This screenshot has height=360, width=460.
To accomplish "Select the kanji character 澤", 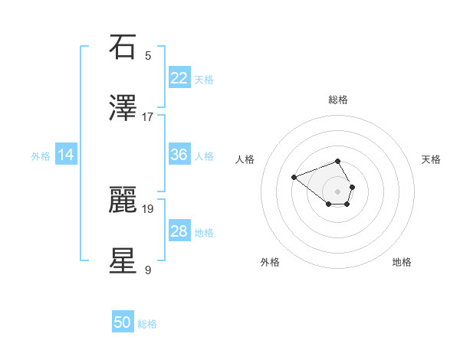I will pos(123,110).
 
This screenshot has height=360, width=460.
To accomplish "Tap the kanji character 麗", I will pos(123,199).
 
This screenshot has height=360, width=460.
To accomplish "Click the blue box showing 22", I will pos(179,78).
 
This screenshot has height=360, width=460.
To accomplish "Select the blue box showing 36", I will pos(179,155).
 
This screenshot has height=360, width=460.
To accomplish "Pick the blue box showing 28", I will pos(179,231).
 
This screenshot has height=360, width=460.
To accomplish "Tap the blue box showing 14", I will pos(66,155).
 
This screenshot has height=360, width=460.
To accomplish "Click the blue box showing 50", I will pos(123,322).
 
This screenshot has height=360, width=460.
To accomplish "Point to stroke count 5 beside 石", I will pos(148,55).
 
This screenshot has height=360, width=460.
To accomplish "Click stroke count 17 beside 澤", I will pos(148,117).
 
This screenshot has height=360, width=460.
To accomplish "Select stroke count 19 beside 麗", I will pos(148,208).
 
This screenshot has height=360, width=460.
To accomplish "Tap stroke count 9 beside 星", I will pos(148,270).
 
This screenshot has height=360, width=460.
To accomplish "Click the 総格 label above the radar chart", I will pos(338,100).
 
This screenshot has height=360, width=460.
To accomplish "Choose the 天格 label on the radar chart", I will pos(431,159).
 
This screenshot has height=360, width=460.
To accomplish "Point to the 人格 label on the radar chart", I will pos(245,159).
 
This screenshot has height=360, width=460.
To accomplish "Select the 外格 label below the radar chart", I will pos(270,262).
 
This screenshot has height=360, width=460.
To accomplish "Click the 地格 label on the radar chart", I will pos(402,262).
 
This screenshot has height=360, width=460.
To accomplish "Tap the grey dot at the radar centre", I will pos(338,191).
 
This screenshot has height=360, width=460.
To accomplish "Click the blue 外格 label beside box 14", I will pos(41,156).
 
